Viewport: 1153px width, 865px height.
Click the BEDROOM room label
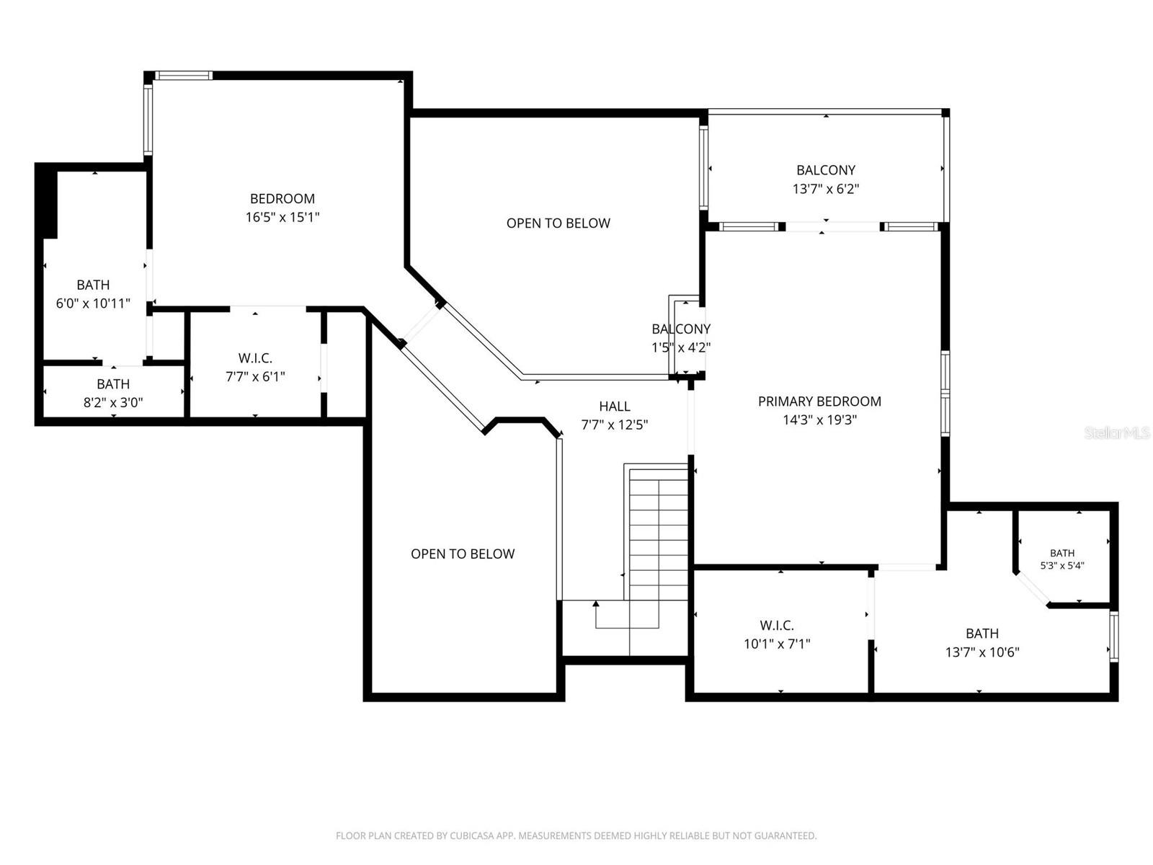[x=282, y=198]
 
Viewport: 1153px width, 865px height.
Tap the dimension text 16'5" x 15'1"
[x=282, y=217]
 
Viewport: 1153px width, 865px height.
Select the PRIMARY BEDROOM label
[x=819, y=402]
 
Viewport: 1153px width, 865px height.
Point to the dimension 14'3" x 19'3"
[x=819, y=420]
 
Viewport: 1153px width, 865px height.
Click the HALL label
[x=615, y=406]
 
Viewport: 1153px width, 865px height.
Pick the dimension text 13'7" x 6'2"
[x=826, y=189]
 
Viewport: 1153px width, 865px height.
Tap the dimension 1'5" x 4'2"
[x=681, y=347]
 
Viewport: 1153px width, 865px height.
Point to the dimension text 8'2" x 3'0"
[x=113, y=402]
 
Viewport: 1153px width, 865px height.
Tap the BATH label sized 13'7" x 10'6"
[x=982, y=634]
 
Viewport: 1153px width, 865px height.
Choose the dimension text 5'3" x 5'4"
[x=1062, y=566]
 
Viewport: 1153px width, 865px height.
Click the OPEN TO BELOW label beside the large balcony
[x=558, y=223]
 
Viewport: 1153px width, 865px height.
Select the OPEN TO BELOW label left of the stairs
[x=463, y=554]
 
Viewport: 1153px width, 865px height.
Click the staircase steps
[x=659, y=535]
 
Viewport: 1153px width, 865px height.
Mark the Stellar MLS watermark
[x=1117, y=432]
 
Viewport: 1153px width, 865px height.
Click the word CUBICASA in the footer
[x=471, y=835]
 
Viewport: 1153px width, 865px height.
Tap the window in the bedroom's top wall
[x=183, y=76]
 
